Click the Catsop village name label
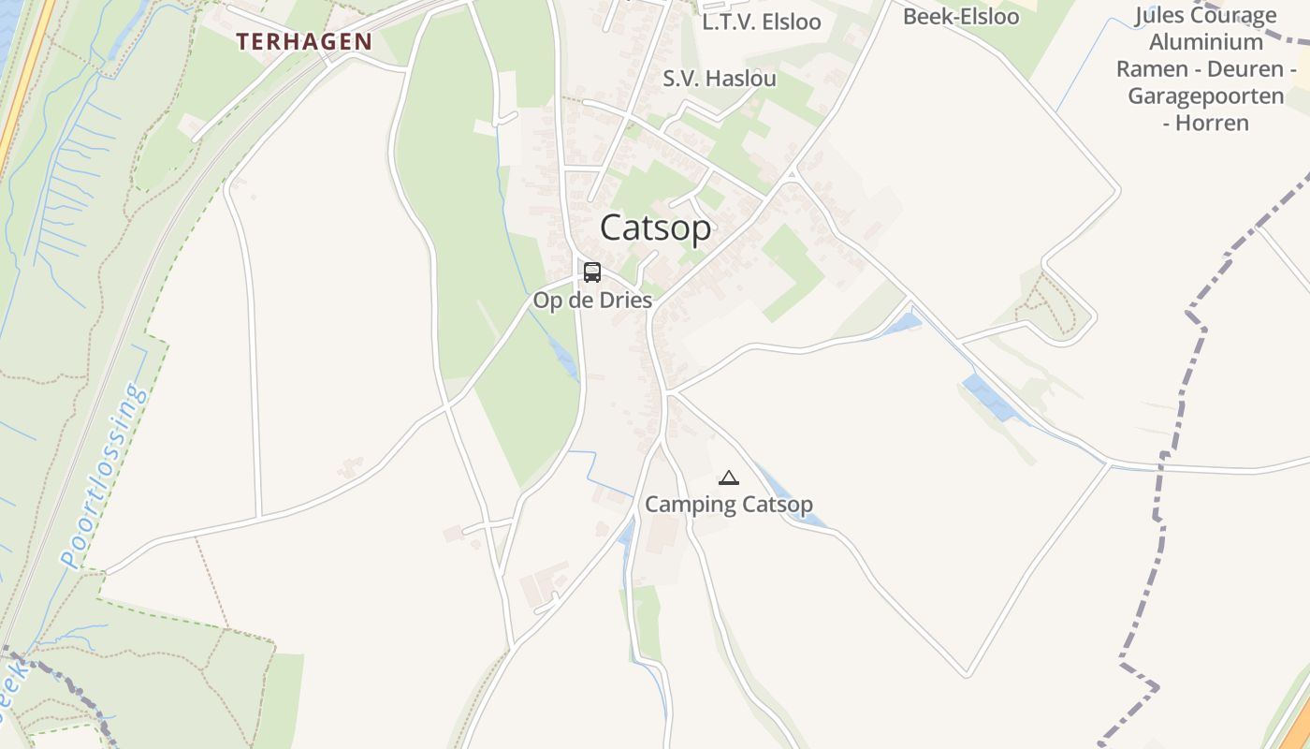point(655,228)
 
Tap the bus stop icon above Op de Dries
point(592,272)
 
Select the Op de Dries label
point(592,301)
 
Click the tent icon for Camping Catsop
point(728,477)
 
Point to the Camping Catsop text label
point(729,505)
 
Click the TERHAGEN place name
point(304,42)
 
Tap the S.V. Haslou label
point(720,79)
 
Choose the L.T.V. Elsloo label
point(762,22)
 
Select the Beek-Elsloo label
point(961,17)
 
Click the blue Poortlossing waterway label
point(104,476)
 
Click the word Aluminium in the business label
point(1206,43)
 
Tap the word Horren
point(1212,123)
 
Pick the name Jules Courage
point(1206,16)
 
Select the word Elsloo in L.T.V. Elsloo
point(791,22)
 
